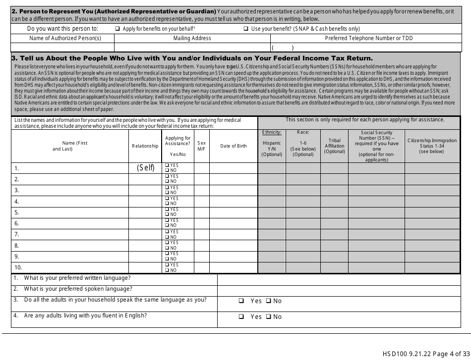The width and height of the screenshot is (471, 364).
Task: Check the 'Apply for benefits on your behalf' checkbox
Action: [x=118, y=29]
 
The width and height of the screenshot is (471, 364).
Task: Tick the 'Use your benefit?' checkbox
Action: [x=246, y=29]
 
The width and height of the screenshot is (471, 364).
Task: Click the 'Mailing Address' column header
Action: [x=192, y=38]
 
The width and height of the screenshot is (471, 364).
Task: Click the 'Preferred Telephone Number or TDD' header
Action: [x=368, y=38]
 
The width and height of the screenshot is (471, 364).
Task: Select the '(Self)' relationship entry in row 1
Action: [x=146, y=168]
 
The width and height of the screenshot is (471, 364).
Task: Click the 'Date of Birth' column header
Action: [x=233, y=146]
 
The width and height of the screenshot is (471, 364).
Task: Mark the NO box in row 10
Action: [x=167, y=270]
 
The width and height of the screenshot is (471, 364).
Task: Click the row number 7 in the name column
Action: [x=16, y=234]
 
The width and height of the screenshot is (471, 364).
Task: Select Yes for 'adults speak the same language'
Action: [x=241, y=301]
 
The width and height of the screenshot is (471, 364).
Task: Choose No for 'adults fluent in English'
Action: [x=268, y=317]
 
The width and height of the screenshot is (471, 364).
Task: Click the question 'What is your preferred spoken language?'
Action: [x=78, y=289]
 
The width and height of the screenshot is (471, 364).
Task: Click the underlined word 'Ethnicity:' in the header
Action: [x=271, y=132]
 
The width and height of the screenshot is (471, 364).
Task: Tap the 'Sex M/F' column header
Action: [x=201, y=146]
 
